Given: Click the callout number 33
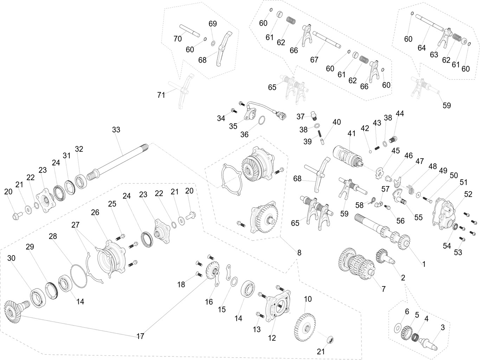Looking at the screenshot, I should tap(116, 130).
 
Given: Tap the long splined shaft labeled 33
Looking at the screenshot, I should tap(120, 158).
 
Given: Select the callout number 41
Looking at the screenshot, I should tap(352, 134).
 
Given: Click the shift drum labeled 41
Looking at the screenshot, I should tap(346, 155).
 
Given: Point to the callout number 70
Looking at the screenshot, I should tap(178, 39).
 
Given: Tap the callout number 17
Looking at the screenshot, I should tap(140, 336).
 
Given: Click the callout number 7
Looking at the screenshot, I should tap(384, 289).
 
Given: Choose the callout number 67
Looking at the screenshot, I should tap(314, 60).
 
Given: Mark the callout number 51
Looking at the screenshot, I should tap(464, 182).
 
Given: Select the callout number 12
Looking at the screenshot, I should tap(272, 338).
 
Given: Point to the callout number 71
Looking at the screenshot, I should tap(161, 95).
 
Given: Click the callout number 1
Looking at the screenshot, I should tap(424, 264).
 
